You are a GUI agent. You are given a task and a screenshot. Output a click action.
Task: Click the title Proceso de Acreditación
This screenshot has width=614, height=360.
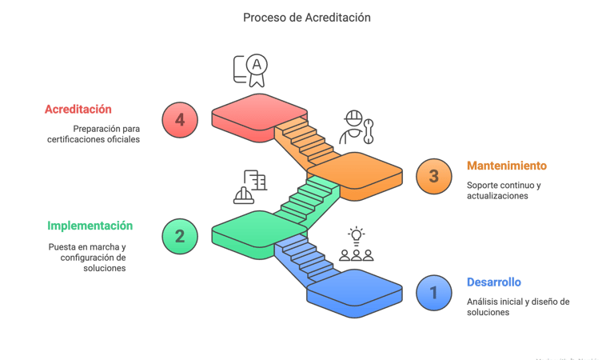[307, 18]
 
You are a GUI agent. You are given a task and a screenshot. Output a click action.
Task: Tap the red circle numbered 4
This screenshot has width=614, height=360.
[180, 120]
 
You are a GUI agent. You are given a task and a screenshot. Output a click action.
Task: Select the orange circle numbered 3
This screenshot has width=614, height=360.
[434, 176]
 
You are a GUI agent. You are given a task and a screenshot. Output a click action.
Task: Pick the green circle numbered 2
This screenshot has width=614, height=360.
[180, 236]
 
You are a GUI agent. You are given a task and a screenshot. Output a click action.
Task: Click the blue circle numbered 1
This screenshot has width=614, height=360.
[434, 293]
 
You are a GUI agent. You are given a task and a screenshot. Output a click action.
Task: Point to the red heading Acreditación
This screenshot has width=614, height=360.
[78, 110]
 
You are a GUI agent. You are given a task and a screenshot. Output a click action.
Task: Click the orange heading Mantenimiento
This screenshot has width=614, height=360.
[507, 166]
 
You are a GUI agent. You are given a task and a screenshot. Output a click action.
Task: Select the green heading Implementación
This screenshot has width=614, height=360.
[90, 226]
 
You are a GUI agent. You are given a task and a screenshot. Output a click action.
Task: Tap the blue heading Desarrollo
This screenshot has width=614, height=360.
[494, 282]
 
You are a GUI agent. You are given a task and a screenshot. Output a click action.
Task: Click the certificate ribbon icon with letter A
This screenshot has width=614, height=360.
[250, 70]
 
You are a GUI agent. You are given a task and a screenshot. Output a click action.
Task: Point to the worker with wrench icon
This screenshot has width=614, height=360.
[357, 127]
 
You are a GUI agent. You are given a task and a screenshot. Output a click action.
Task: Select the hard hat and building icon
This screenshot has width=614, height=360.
[250, 187]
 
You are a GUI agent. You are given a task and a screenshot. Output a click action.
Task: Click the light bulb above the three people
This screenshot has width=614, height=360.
[357, 236]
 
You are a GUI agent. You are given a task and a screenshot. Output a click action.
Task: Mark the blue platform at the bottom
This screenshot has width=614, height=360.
[355, 293]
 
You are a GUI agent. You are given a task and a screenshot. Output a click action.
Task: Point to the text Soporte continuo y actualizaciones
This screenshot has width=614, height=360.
[504, 190]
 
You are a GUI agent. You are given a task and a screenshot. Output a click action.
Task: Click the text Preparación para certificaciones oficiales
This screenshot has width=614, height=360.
[94, 134]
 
